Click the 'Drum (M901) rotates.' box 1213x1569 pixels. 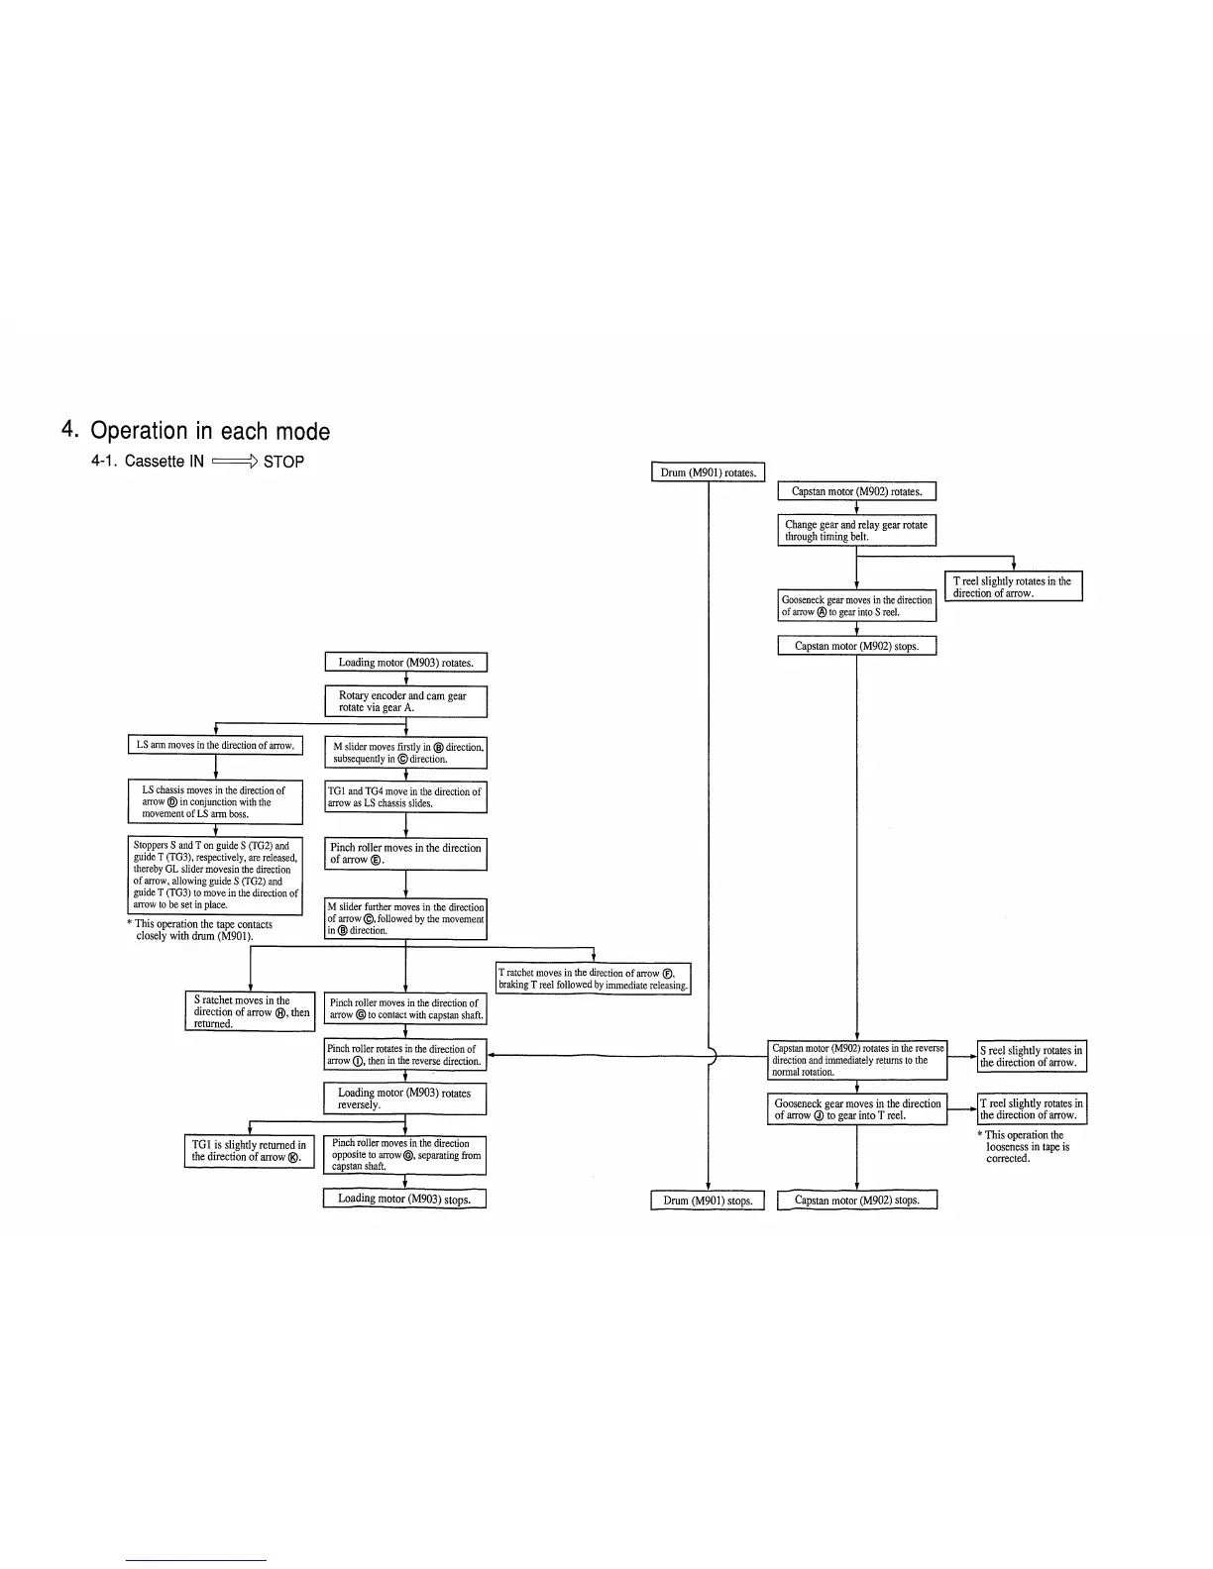[x=708, y=472]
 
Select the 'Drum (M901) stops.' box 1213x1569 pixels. [x=708, y=1201]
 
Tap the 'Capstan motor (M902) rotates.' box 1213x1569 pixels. [x=856, y=491]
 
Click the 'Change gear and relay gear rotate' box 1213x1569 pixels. [x=856, y=530]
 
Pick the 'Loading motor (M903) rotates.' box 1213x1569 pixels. [x=406, y=663]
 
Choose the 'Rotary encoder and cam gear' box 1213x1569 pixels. [x=406, y=701]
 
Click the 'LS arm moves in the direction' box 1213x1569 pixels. [x=215, y=745]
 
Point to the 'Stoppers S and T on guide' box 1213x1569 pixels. [x=215, y=875]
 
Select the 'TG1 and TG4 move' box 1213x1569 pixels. [x=406, y=797]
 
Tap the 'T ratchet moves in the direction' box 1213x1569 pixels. [x=593, y=979]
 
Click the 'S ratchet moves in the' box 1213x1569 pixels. [x=250, y=1011]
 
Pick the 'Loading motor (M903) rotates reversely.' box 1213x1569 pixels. [x=405, y=1098]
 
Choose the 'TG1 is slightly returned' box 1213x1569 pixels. [x=249, y=1151]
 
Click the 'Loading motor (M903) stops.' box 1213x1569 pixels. [x=404, y=1199]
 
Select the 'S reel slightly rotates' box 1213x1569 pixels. [x=1032, y=1056]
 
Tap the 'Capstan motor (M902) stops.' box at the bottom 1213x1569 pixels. [x=857, y=1201]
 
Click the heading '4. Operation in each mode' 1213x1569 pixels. [x=195, y=431]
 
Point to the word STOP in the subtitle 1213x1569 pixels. [x=284, y=462]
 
